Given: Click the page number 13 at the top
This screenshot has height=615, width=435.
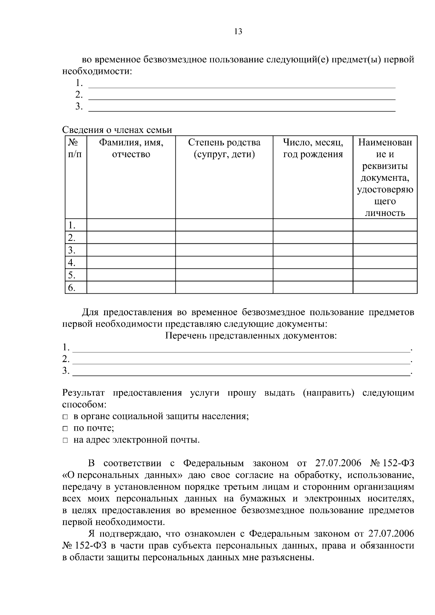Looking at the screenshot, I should [x=238, y=32].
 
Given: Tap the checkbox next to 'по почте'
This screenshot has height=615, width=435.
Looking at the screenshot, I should [x=65, y=429].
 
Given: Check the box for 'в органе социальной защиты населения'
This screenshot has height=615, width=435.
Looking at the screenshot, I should [x=65, y=417].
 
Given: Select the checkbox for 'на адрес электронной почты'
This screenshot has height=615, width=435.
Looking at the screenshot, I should [x=65, y=441].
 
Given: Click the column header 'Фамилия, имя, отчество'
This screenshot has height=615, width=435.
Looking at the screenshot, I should [x=131, y=148].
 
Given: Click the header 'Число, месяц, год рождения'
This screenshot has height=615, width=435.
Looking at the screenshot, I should [x=313, y=148].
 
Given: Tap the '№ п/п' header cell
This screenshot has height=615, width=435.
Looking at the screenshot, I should [x=75, y=148].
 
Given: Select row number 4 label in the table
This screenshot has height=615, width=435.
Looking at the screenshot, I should [x=72, y=263].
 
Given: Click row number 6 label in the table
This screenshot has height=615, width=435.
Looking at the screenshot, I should [x=72, y=288].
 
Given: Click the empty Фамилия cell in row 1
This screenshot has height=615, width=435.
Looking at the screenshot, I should [x=131, y=225].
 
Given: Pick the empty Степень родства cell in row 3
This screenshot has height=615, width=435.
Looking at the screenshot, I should [x=224, y=250].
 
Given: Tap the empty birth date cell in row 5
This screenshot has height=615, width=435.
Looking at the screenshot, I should [x=313, y=275].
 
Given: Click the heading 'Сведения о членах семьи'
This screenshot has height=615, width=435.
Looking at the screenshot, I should [x=117, y=130].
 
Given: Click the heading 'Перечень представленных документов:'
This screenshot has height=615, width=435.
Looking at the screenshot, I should [x=251, y=336].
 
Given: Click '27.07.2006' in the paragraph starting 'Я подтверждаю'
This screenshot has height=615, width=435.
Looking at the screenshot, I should [x=391, y=534].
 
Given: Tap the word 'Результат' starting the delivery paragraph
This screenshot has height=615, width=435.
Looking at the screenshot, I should [x=84, y=393].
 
